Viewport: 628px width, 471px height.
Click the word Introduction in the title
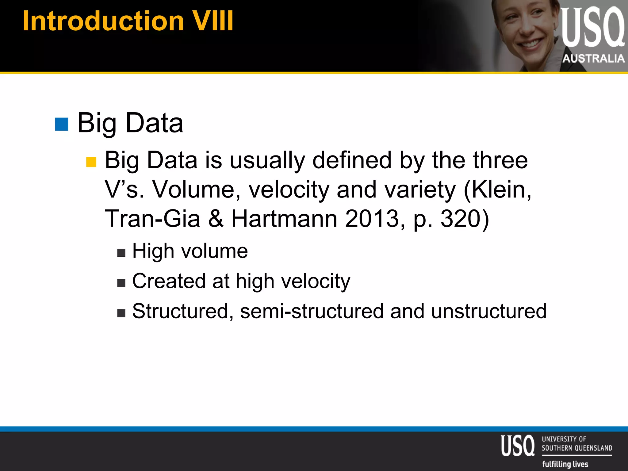103,21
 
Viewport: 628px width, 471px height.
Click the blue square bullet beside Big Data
62,124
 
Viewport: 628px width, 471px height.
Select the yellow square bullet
91,162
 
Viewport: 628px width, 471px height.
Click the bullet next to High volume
121,253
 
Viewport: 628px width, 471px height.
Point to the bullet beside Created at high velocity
121,283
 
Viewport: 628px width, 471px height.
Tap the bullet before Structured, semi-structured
121,313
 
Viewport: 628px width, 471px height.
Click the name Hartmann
284,219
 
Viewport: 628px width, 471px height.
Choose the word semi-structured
312,311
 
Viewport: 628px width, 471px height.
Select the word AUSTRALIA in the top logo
593,58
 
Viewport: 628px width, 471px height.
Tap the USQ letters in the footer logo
518,446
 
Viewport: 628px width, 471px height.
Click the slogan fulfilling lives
565,464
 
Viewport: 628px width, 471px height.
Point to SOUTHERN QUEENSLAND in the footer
577,448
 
